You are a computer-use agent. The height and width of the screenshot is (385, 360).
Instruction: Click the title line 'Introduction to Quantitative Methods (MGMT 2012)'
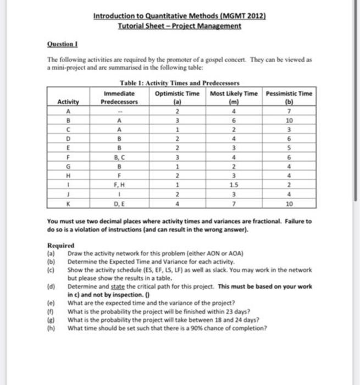pos(180,16)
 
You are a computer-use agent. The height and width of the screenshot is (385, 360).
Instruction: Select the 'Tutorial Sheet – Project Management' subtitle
pos(180,26)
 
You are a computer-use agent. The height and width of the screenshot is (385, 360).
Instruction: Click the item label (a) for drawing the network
pos(51,254)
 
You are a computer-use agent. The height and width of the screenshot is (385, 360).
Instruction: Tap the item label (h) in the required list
pos(51,328)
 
